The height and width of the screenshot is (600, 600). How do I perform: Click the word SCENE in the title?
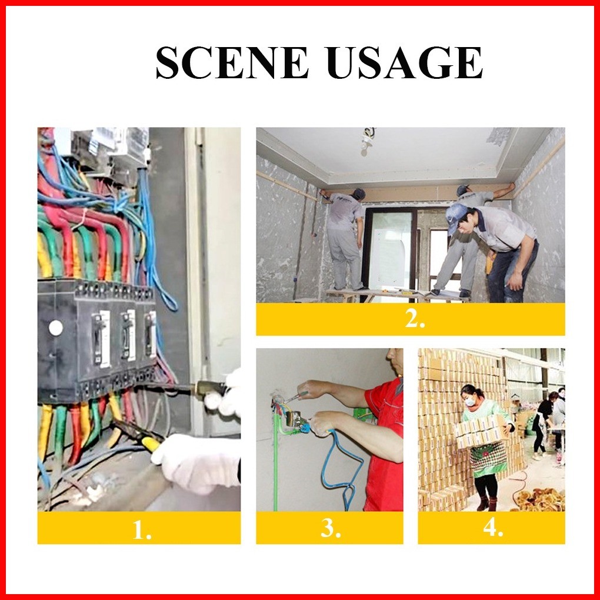232,62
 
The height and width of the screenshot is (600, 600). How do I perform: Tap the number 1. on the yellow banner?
142,530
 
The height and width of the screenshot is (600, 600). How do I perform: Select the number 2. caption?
415,318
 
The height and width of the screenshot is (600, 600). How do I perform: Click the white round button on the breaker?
56,328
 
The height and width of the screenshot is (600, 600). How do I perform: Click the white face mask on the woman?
469,401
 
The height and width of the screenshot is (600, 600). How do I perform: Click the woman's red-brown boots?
487,503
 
